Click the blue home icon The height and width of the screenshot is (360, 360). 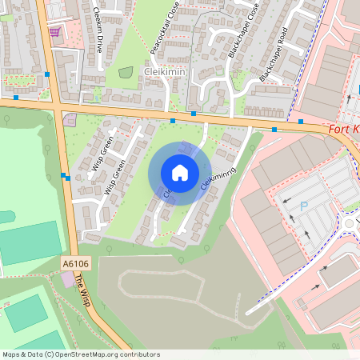click(x=179, y=172)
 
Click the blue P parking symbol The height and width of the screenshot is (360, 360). click(x=303, y=206)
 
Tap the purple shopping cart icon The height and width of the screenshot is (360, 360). click(x=54, y=32)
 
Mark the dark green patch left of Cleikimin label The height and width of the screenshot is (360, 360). click(x=126, y=73)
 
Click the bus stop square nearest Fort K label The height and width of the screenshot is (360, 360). click(x=301, y=121)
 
